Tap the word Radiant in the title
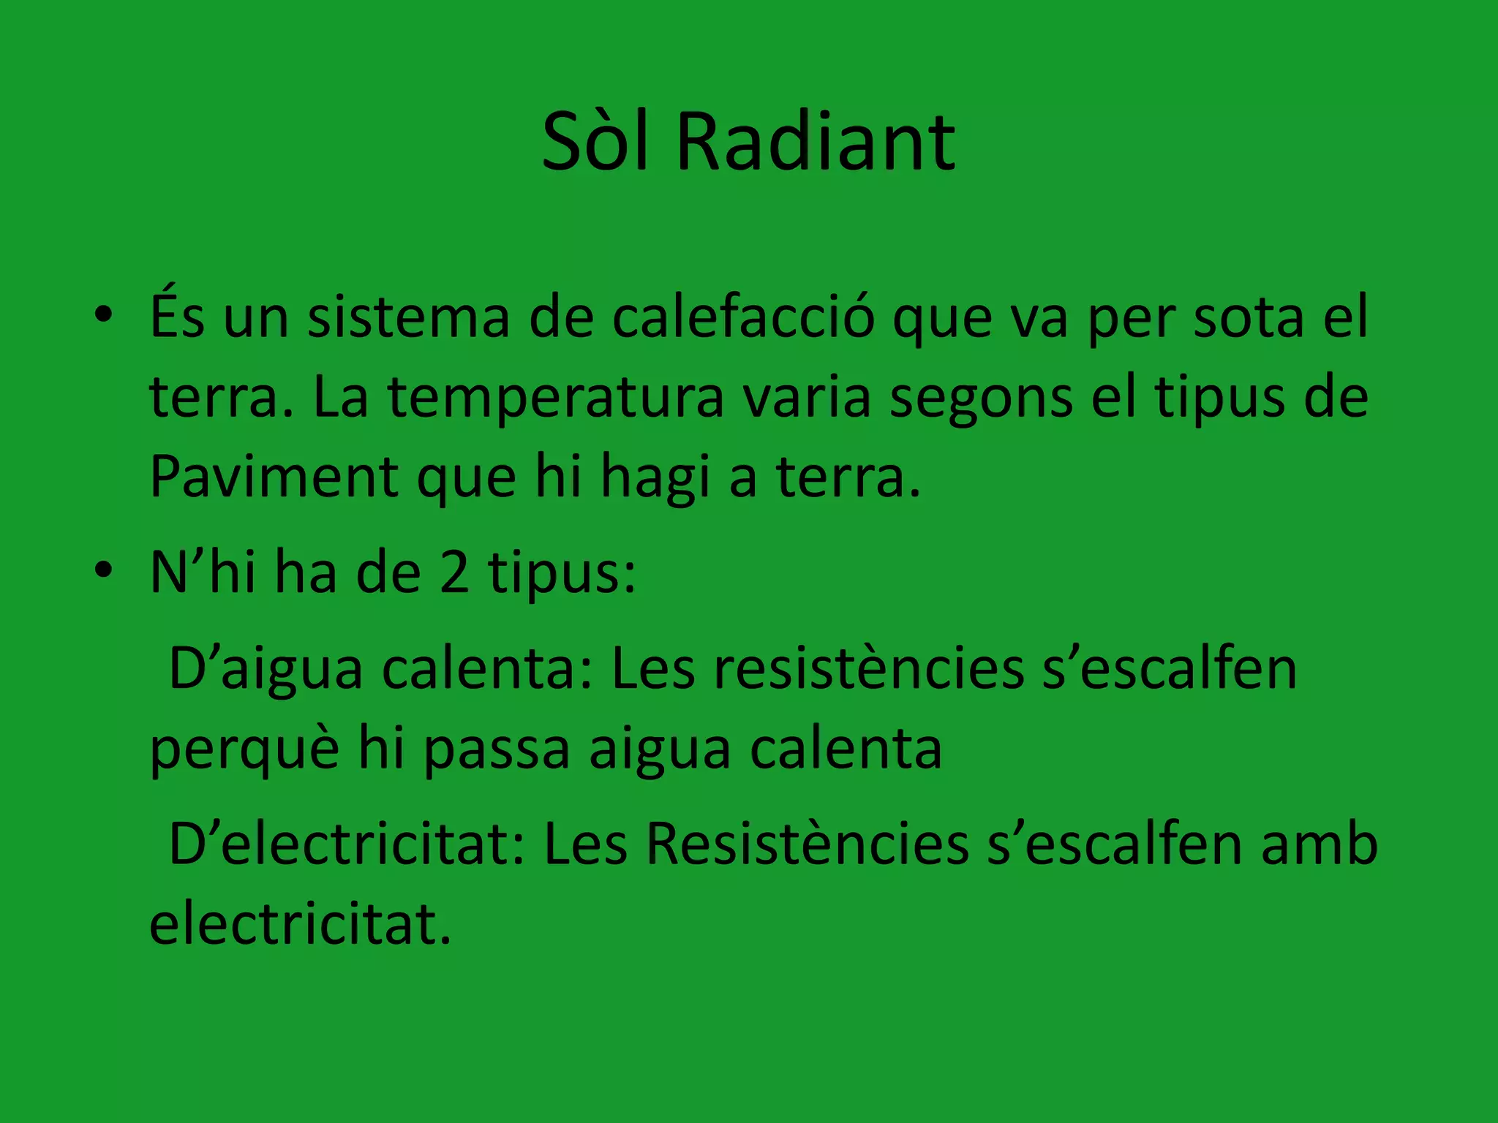[816, 142]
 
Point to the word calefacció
[742, 317]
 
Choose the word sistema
[408, 317]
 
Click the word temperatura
[556, 398]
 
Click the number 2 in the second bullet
[454, 572]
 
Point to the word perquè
[244, 750]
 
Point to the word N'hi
[202, 572]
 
